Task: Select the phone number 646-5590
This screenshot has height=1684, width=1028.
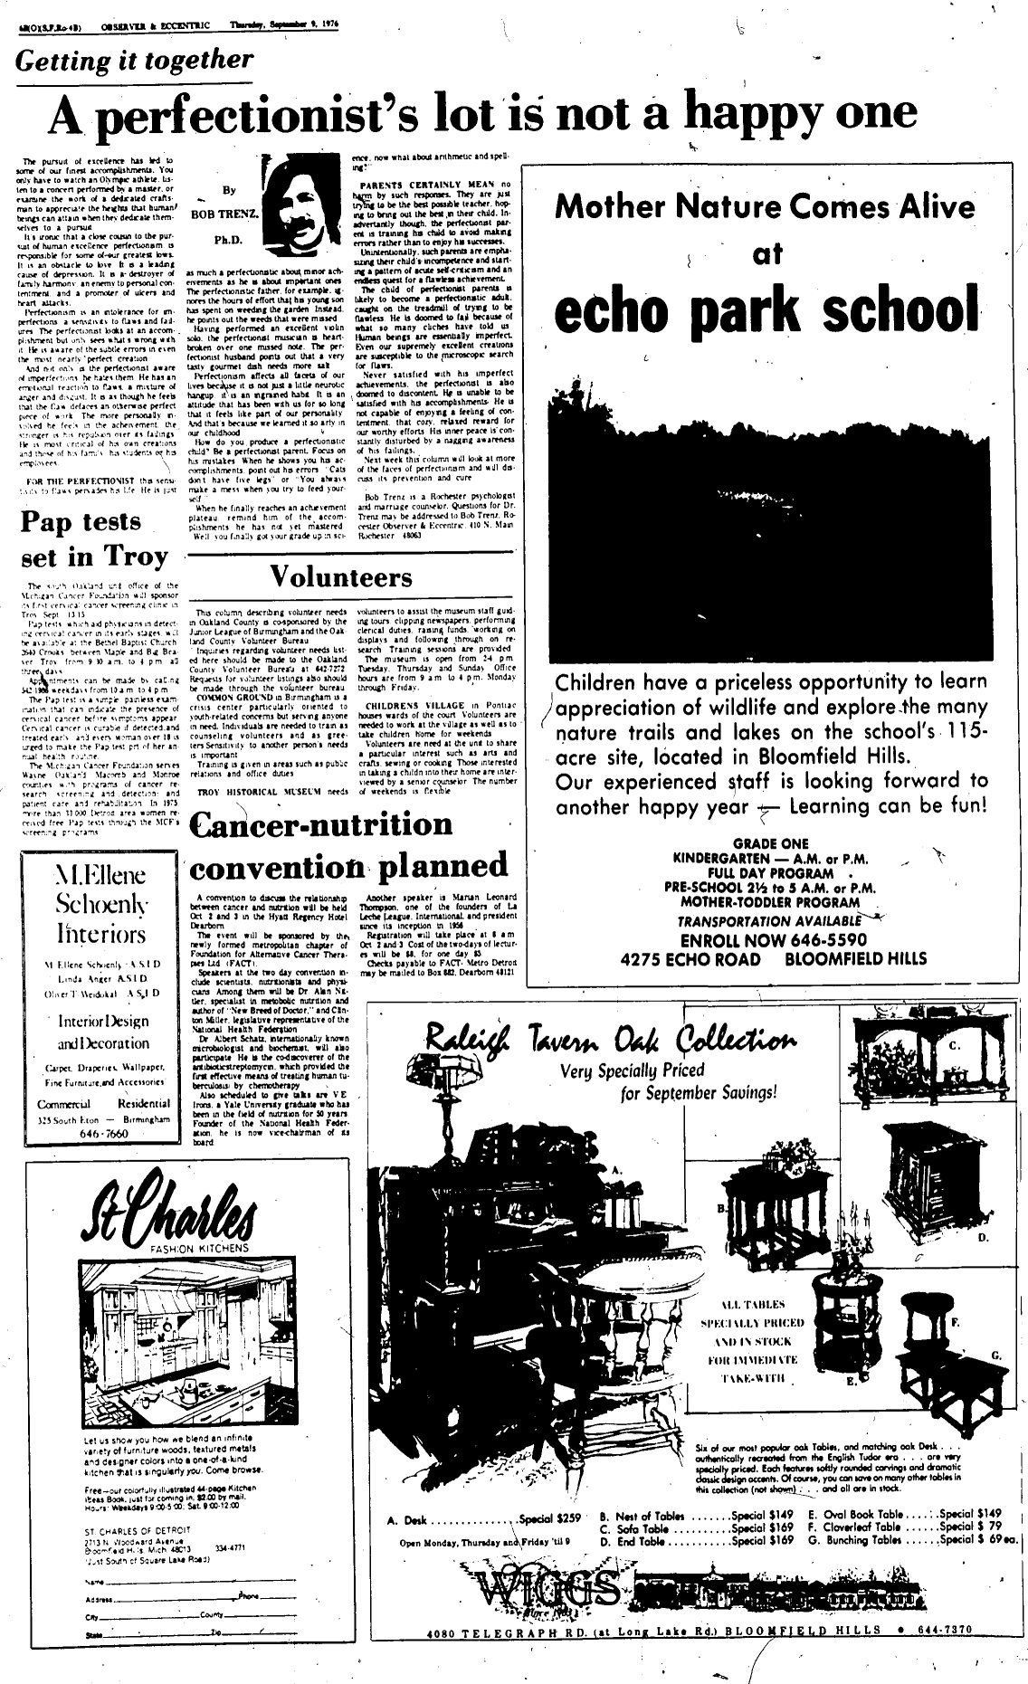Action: tap(811, 939)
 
